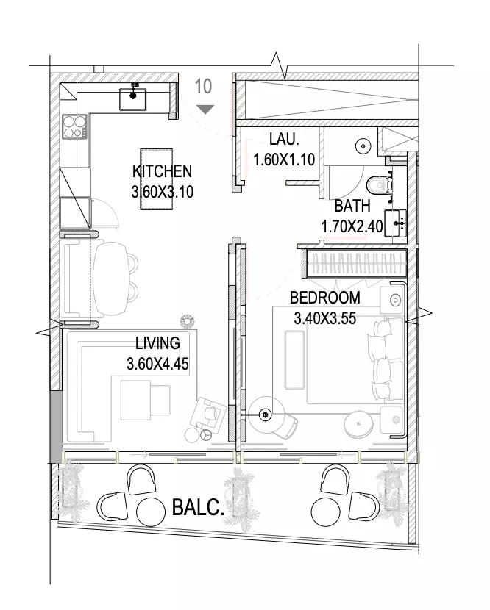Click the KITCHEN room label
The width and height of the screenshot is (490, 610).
(162, 171)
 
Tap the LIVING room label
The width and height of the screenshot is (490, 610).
(157, 343)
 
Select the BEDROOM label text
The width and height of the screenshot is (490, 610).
(325, 298)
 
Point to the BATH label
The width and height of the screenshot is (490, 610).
(352, 206)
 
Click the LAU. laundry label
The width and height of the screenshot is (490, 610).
(284, 139)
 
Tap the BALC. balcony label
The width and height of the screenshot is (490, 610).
(198, 507)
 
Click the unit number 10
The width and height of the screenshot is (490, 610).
(203, 87)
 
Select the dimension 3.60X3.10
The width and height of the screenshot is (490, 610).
(163, 192)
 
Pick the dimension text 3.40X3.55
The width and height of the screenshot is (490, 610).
(325, 319)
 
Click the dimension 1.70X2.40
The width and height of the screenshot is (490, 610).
(352, 226)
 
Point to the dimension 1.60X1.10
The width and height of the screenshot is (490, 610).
(284, 159)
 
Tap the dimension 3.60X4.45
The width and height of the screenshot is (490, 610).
(157, 364)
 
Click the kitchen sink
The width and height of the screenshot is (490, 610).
(133, 98)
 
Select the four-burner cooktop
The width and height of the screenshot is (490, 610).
(74, 127)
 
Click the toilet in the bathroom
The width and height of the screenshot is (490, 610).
(379, 184)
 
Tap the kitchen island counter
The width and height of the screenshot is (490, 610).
(156, 179)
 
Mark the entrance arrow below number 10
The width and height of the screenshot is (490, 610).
(205, 110)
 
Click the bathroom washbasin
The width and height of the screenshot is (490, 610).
(395, 223)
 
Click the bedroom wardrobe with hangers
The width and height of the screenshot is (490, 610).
(354, 263)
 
